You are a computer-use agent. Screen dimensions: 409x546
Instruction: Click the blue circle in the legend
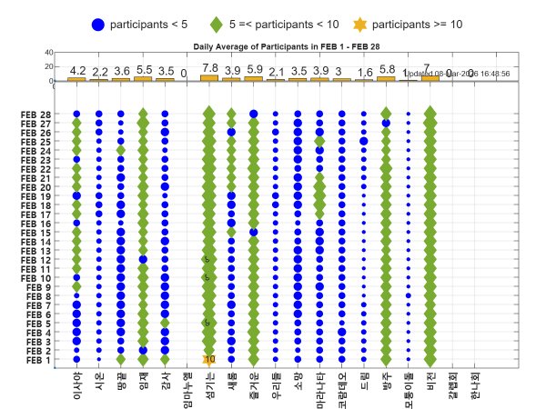coord(98,24)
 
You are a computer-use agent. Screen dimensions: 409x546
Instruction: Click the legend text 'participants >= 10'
coord(419,24)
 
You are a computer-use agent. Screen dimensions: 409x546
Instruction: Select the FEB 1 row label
coord(37,360)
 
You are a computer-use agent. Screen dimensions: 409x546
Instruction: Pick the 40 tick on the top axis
coord(48,53)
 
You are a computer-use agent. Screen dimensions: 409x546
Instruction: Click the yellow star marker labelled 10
coord(209,360)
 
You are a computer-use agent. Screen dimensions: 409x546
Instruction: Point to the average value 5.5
coord(144,69)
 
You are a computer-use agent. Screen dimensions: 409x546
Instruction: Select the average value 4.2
coord(77,69)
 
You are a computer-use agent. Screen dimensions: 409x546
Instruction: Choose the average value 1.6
coord(365,72)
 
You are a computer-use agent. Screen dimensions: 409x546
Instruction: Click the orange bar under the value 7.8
coord(209,78)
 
